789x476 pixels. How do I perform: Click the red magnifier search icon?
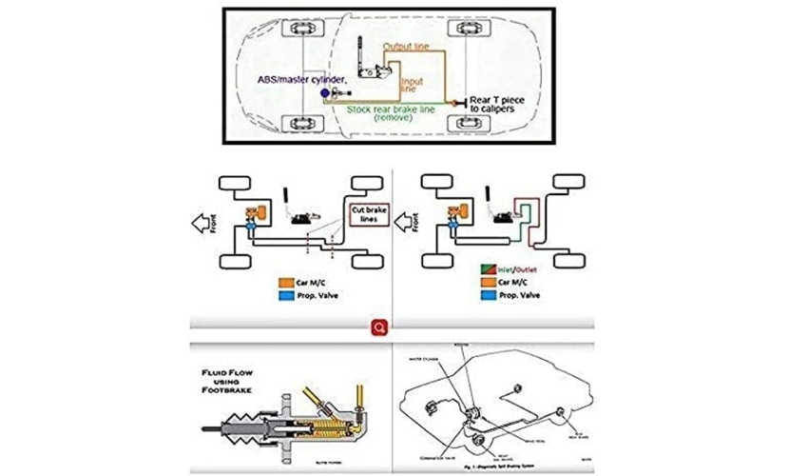[379, 327]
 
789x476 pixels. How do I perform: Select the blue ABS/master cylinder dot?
[325, 93]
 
